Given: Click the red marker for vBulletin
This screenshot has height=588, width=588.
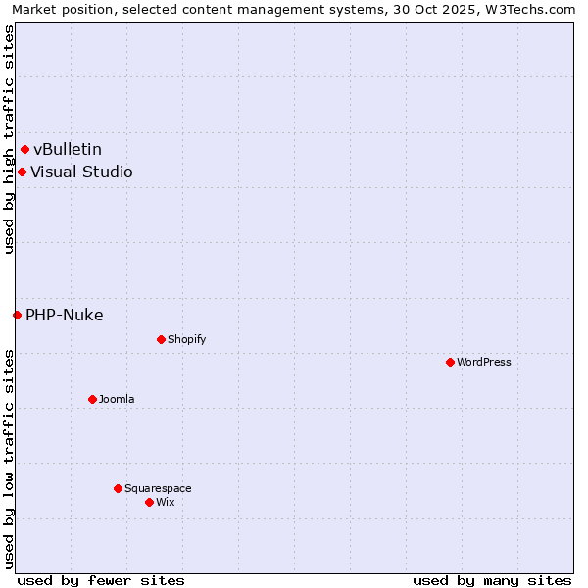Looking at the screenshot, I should [x=25, y=150].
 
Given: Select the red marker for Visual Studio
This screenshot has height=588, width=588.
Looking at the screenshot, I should [x=22, y=172].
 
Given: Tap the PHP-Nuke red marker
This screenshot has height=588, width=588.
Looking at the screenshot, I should [x=17, y=316].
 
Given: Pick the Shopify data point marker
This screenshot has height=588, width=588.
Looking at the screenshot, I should [x=161, y=340].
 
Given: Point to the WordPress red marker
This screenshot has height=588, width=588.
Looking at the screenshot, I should [x=450, y=363].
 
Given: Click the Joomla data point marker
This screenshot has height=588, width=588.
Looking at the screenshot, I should [x=92, y=400].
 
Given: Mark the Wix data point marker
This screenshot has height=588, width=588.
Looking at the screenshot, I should [x=149, y=503].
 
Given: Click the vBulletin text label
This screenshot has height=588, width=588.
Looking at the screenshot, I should [x=68, y=150].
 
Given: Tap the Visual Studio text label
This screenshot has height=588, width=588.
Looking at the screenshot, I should [x=81, y=172].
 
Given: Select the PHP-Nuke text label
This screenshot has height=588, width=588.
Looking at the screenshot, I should [x=65, y=316].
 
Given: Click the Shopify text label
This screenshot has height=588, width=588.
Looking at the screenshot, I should [x=186, y=340].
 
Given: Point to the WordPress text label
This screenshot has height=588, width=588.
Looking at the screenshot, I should [x=484, y=363].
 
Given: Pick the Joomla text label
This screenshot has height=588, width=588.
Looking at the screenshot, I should [x=117, y=400].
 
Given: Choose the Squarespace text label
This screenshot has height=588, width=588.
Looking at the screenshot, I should [x=158, y=489].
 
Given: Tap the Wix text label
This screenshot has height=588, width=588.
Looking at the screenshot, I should [x=166, y=503].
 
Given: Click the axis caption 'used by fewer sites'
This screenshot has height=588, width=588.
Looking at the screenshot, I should [x=101, y=580].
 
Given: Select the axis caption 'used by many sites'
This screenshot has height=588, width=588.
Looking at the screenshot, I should [x=492, y=580].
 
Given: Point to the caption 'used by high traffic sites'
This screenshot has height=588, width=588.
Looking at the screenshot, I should [x=9, y=139].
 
